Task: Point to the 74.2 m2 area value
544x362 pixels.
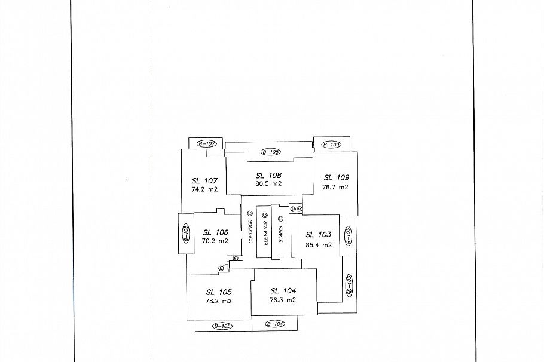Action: (x=204, y=189)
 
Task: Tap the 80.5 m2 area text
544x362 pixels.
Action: (x=268, y=184)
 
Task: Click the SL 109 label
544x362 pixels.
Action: (x=336, y=177)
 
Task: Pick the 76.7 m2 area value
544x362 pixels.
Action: (x=336, y=187)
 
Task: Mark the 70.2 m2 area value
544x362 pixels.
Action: (x=215, y=241)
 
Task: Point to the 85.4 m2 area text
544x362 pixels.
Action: (x=319, y=244)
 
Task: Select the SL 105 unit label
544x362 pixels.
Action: (x=219, y=292)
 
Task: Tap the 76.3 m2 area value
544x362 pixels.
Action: (x=283, y=300)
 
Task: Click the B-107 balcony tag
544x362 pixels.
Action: (x=206, y=144)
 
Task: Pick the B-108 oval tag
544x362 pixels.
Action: (x=270, y=152)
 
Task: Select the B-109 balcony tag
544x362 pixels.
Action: (x=331, y=145)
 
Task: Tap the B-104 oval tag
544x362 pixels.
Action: (x=274, y=323)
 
